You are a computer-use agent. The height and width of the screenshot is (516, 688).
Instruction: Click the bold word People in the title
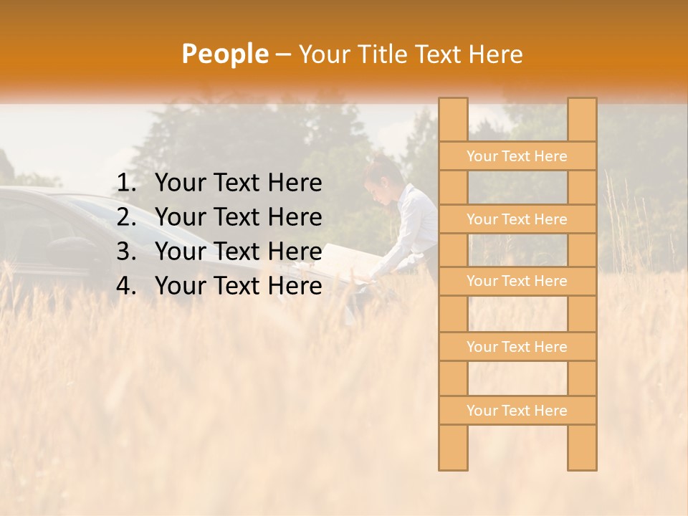(x=224, y=54)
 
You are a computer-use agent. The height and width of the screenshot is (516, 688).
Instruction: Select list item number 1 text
(x=238, y=183)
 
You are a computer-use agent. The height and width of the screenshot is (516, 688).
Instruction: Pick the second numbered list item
(x=238, y=217)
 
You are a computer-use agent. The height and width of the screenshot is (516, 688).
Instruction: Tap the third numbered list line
(x=238, y=252)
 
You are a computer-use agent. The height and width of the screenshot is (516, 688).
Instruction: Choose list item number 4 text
(x=238, y=286)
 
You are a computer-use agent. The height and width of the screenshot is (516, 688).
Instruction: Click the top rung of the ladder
(x=517, y=156)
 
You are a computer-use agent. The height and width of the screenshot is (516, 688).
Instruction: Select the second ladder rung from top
(x=517, y=219)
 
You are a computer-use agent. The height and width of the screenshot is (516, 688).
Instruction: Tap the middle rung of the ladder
(x=517, y=281)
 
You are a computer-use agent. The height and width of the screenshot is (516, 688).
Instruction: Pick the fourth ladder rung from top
(x=517, y=347)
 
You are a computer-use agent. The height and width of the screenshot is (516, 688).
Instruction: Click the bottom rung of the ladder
(x=517, y=411)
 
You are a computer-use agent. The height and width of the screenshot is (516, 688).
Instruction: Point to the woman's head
(x=382, y=176)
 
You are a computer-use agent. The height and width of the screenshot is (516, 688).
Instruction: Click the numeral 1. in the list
(x=126, y=183)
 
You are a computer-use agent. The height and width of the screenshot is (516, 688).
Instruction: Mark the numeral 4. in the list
(x=126, y=286)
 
